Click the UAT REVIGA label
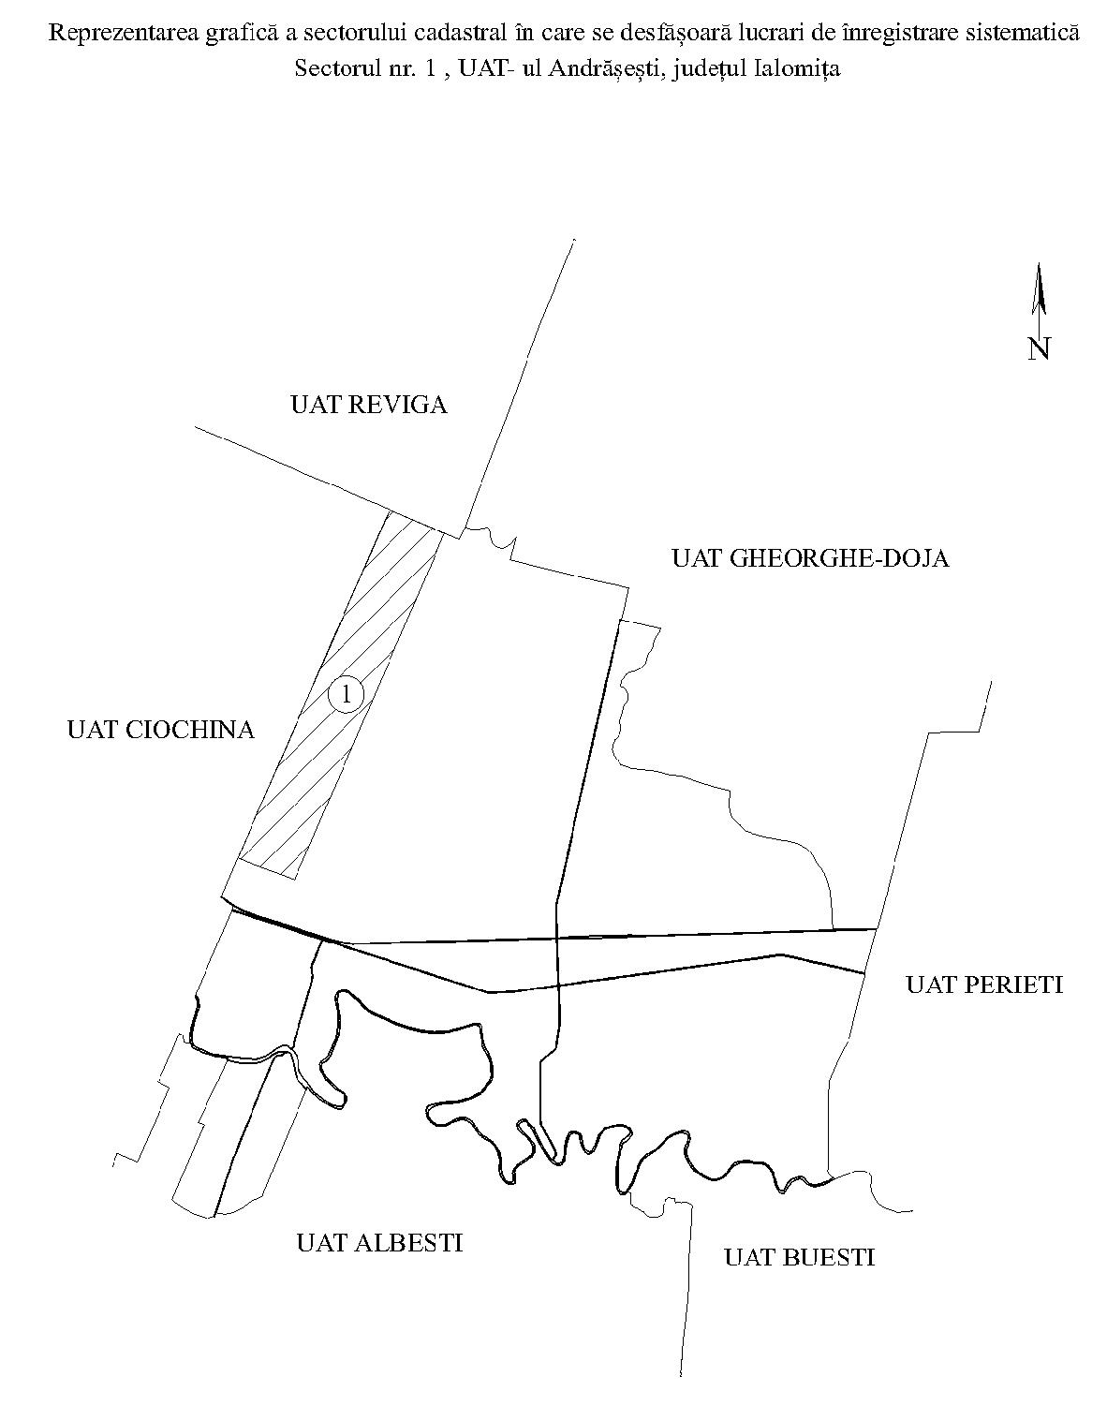pos(369,405)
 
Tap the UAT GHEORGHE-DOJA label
pos(810,558)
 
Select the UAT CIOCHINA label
pos(161,729)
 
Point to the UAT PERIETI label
pos(984,984)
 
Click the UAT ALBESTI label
pos(379,1243)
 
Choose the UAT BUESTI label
pos(799,1258)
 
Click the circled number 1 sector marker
pos(347,693)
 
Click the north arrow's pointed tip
pos(1039,263)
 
